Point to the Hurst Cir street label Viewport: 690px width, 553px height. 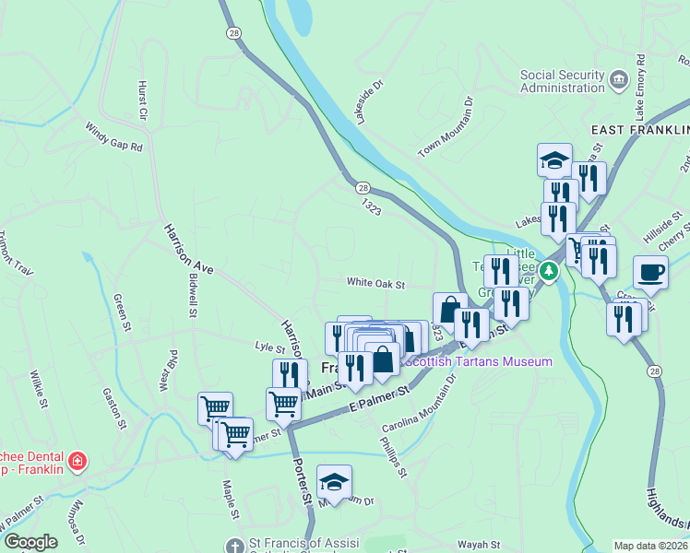point(143,101)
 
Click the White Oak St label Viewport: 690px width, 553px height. point(375,284)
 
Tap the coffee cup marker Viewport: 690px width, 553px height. point(650,272)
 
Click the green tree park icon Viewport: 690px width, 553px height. point(549,270)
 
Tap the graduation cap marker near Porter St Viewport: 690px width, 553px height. point(334,481)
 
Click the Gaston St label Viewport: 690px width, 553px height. point(115,410)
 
